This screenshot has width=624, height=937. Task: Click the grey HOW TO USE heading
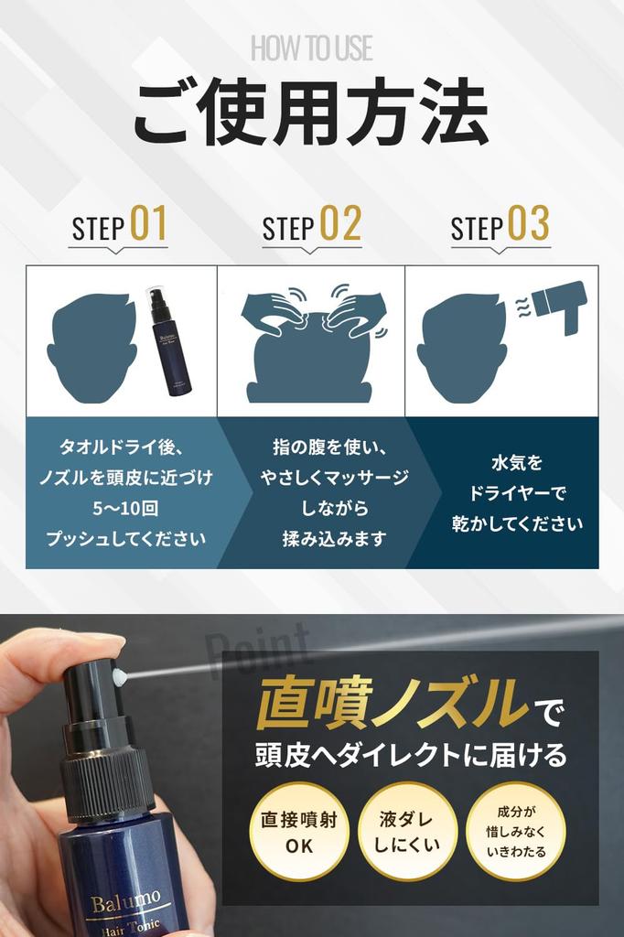[x=311, y=48]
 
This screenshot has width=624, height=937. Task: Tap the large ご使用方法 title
[x=311, y=113]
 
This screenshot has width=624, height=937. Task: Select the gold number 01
[x=149, y=223]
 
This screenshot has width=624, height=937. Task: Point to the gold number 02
[x=340, y=223]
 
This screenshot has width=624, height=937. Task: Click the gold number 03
[x=528, y=223]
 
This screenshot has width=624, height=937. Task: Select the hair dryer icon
[x=559, y=305]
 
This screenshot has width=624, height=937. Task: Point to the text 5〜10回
[x=125, y=509]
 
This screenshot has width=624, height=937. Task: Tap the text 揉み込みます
[x=334, y=538]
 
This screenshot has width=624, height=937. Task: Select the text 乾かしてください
[x=517, y=523]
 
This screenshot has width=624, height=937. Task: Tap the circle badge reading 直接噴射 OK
[x=299, y=832]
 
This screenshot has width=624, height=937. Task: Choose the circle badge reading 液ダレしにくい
[x=407, y=832]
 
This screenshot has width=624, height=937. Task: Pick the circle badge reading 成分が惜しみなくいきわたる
[x=516, y=832]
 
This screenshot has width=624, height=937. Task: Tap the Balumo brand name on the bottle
[x=125, y=900]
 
